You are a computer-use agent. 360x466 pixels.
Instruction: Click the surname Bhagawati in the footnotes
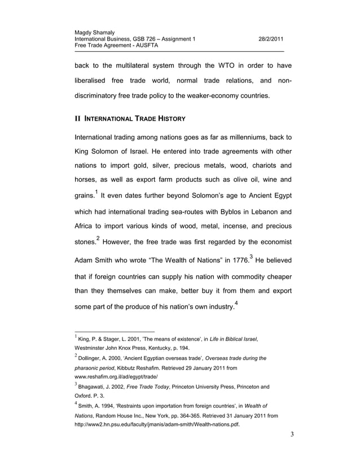96,388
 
